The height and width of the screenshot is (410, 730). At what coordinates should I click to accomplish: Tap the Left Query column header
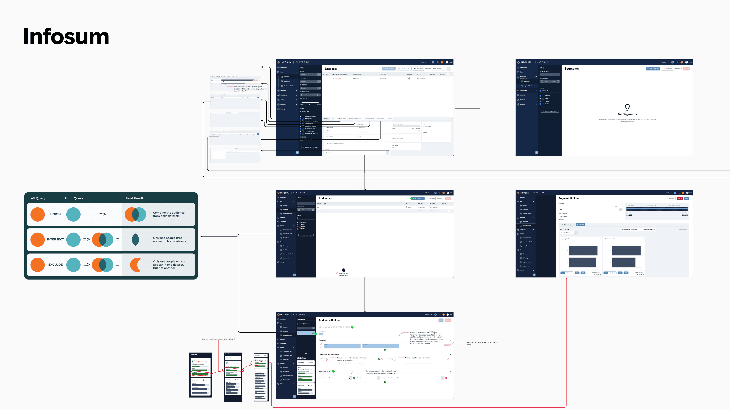pyautogui.click(x=37, y=198)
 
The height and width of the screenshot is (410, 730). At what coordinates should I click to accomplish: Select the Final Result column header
pyautogui.click(x=134, y=198)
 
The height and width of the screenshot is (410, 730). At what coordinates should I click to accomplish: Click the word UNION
pyautogui.click(x=55, y=214)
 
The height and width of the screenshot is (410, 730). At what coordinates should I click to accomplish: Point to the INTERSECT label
pyautogui.click(x=55, y=239)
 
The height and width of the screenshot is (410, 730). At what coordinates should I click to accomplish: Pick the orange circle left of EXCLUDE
pyautogui.click(x=37, y=265)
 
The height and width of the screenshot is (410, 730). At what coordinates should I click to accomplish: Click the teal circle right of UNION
pyautogui.click(x=73, y=214)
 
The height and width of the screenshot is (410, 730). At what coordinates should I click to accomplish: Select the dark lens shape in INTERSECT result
pyautogui.click(x=136, y=240)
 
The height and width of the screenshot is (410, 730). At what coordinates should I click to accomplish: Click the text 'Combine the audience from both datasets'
pyautogui.click(x=169, y=214)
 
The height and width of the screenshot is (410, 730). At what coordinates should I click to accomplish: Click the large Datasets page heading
pyautogui.click(x=331, y=69)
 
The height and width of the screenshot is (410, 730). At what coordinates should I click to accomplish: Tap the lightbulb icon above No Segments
pyautogui.click(x=627, y=107)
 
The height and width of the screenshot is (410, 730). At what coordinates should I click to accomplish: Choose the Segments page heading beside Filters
pyautogui.click(x=571, y=69)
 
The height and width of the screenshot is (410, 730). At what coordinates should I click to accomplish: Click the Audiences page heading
pyautogui.click(x=325, y=198)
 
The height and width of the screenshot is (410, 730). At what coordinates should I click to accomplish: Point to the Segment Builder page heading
pyautogui.click(x=568, y=198)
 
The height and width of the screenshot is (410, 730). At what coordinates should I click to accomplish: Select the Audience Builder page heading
pyautogui.click(x=329, y=320)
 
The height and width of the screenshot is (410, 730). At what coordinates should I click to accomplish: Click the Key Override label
pyautogui.click(x=324, y=371)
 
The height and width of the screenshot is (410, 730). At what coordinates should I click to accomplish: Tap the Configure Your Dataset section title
pyautogui.click(x=328, y=355)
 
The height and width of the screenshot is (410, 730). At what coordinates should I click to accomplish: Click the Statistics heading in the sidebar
pyautogui.click(x=301, y=358)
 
